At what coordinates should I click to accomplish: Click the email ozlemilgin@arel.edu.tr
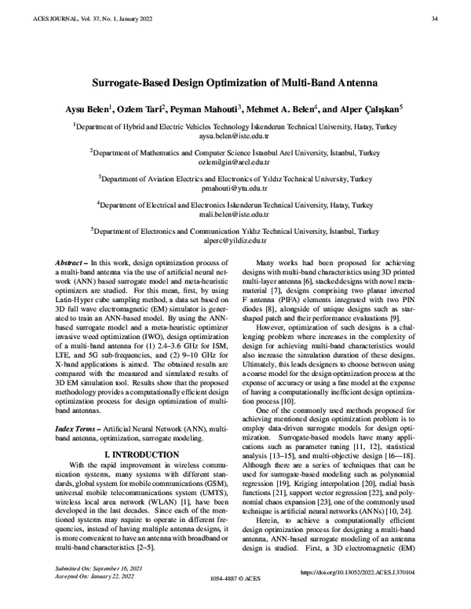coord(235,162)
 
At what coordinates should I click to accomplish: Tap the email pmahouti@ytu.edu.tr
coord(235,188)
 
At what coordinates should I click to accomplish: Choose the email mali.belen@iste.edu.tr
coord(235,214)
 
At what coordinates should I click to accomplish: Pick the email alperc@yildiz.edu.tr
coord(235,241)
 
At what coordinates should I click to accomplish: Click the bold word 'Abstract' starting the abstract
coord(71,261)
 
